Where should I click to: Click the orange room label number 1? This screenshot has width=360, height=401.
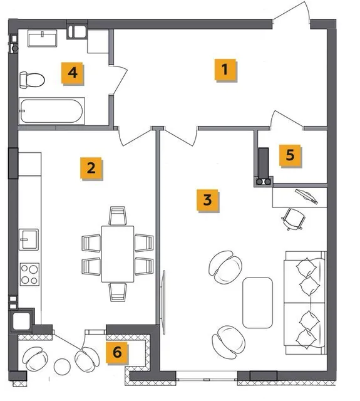[x=225, y=70]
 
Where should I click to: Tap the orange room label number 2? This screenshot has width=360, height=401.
[x=91, y=169]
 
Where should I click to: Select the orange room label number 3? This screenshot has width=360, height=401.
[x=207, y=200]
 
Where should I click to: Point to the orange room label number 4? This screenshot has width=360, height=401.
[x=73, y=73]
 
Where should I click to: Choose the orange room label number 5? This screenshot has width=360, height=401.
[x=291, y=155]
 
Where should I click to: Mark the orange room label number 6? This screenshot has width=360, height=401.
[x=117, y=352]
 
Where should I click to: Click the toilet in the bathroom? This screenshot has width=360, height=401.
[x=32, y=80]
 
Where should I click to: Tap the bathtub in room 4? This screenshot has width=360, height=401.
[x=51, y=111]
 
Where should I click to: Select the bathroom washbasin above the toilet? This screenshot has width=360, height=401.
[x=42, y=38]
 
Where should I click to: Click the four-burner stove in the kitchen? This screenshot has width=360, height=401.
[x=29, y=274]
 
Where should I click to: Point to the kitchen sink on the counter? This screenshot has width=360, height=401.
[x=29, y=239]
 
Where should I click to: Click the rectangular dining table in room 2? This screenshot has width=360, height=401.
[x=118, y=254]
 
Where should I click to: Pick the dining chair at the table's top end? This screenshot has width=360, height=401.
[x=118, y=216]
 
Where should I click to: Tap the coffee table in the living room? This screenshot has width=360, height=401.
[x=257, y=303]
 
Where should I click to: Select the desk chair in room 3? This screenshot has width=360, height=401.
[x=294, y=219]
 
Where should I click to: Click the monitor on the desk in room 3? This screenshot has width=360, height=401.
[x=307, y=196]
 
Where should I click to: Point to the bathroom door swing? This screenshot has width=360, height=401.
[x=119, y=80]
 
